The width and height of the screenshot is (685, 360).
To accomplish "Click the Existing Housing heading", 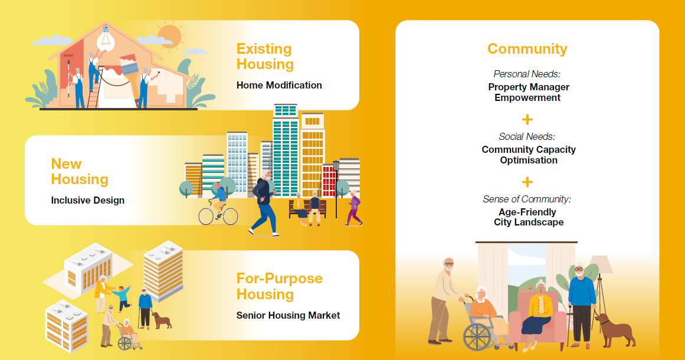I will [265, 57].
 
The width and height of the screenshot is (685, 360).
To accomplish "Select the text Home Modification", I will [279, 85].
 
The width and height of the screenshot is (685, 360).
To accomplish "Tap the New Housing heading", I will [80, 172].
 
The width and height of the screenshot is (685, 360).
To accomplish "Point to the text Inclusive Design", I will [88, 200].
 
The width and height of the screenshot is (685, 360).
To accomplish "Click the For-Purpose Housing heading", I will [279, 286].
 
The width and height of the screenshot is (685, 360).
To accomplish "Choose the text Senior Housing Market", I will [288, 315].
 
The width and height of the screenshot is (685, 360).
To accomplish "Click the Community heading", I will [527, 49].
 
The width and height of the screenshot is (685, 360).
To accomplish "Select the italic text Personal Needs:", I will [527, 74].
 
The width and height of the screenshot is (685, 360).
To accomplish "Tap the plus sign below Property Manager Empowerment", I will [527, 120].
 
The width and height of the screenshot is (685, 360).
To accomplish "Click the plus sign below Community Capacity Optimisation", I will [527, 182].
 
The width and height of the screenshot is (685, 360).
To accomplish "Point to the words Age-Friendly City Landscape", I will [528, 217].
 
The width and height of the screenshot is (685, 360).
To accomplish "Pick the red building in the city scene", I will [328, 180].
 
